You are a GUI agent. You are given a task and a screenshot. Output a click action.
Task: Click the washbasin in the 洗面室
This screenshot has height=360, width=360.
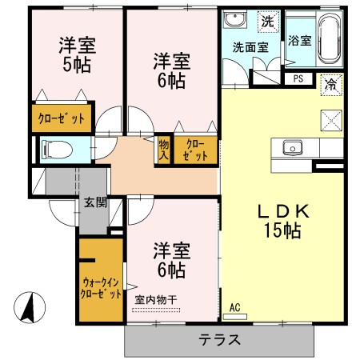[x=235, y=21]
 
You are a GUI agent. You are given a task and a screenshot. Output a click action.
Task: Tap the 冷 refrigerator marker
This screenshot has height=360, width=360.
[x=329, y=82]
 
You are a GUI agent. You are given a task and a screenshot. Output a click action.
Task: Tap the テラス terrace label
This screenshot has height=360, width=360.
[x=219, y=338]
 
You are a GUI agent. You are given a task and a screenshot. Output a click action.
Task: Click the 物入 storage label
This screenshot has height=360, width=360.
[x=164, y=149]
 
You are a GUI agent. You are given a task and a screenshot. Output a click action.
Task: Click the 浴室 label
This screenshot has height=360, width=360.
[x=299, y=38]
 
